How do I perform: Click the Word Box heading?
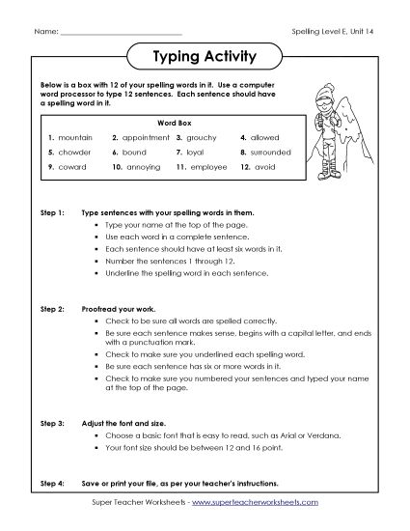click(169, 124)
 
